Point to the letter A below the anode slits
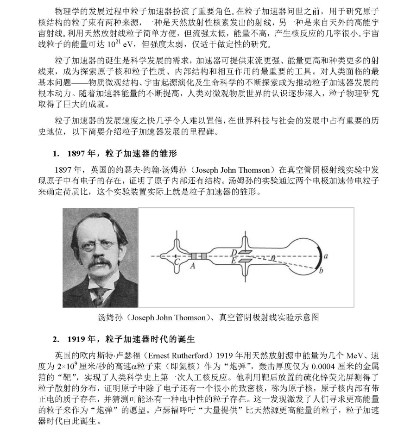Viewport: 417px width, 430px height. pos(193,266)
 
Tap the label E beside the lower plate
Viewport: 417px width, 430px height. pos(234,261)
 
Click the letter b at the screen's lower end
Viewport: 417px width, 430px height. pos(320,270)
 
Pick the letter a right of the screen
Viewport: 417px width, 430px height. pos(326,256)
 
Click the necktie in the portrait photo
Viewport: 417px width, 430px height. pos(99,295)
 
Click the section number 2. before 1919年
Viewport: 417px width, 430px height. pos(56,339)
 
